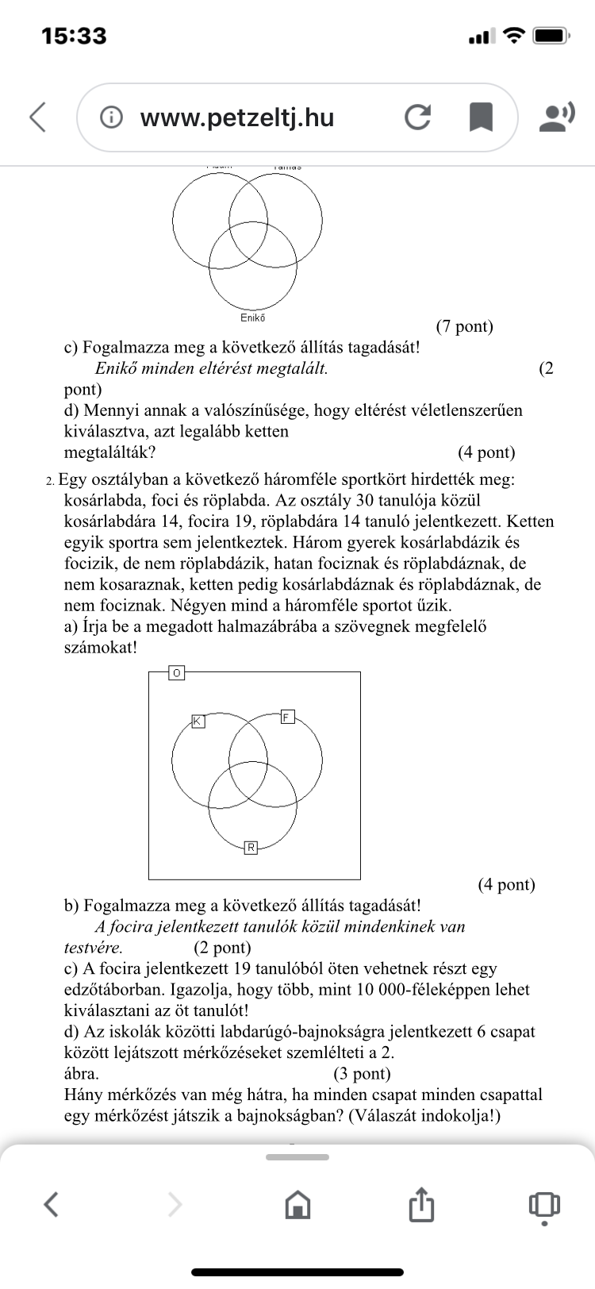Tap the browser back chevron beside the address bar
37,117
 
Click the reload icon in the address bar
417,117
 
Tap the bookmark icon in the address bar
481,117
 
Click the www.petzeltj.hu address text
237,117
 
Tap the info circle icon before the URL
112,117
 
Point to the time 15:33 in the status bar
74,36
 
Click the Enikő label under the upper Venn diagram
253,318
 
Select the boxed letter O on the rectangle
176,673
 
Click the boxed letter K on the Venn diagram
198,721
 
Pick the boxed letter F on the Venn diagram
287,718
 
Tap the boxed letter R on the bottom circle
251,848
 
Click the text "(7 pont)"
464,326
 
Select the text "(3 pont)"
362,1074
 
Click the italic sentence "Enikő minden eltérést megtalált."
211,368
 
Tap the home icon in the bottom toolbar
297,1204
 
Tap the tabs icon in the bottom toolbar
543,1204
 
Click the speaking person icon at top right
556,117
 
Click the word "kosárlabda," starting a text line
105,501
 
